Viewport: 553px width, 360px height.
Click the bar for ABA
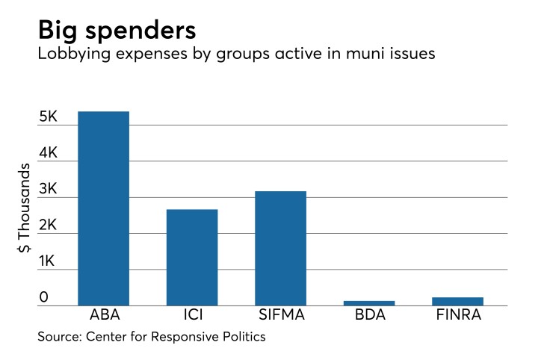(103, 208)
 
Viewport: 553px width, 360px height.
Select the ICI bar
(192, 257)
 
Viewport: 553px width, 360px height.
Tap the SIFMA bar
(280, 248)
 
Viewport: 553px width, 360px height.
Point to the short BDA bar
(369, 302)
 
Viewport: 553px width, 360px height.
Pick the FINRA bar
(457, 301)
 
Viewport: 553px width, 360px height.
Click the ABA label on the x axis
(103, 317)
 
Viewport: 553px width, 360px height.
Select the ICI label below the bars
(192, 317)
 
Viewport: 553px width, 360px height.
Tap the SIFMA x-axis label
(280, 317)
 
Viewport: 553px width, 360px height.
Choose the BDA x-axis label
(369, 317)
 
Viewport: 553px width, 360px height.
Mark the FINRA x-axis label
(457, 317)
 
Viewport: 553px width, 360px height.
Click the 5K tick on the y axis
(49, 117)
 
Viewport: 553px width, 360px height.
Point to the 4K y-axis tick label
(49, 152)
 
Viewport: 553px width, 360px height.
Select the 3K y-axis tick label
(49, 189)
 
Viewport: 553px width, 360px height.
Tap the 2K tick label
(49, 225)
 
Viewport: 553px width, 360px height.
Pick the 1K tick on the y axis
(49, 261)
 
